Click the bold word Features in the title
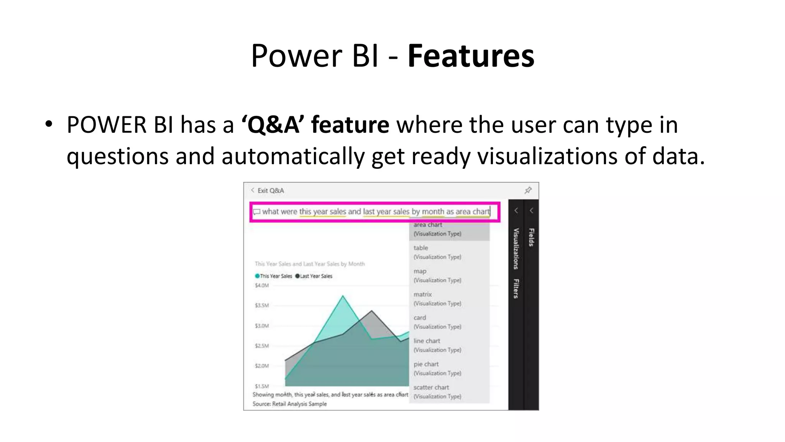click(471, 56)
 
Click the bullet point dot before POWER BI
click(48, 124)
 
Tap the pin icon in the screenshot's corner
click(528, 190)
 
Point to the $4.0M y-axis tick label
click(262, 285)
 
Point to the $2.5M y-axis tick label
click(262, 346)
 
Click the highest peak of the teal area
click(343, 297)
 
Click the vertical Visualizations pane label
click(516, 249)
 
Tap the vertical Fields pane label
click(531, 237)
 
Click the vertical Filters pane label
click(516, 289)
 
